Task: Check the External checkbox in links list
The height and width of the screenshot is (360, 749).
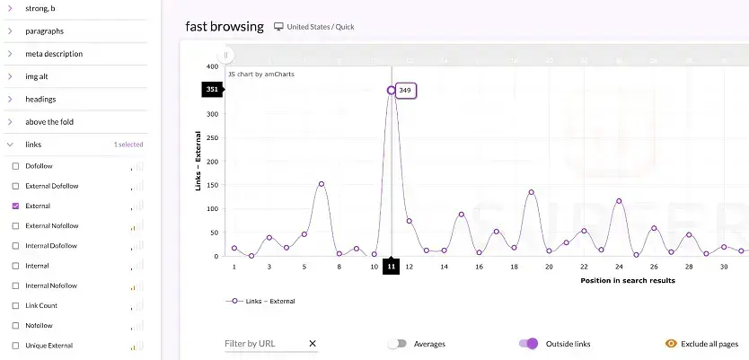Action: click(15, 206)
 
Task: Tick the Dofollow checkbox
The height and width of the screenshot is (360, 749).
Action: click(15, 166)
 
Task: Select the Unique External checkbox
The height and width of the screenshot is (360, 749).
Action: click(15, 346)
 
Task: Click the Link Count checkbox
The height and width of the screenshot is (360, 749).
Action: click(15, 306)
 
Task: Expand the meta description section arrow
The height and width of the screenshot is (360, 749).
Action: click(9, 54)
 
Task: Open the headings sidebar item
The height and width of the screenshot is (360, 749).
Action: click(40, 99)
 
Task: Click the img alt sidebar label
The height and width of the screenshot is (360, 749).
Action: click(37, 76)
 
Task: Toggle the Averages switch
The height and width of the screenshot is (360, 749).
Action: click(397, 344)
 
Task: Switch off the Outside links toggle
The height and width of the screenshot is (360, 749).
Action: click(528, 344)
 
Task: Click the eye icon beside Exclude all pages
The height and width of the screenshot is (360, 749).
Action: click(670, 344)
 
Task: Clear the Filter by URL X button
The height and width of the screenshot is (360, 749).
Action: click(313, 344)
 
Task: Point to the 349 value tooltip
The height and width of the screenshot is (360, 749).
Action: click(406, 90)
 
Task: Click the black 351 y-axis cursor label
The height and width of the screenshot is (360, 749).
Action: click(212, 90)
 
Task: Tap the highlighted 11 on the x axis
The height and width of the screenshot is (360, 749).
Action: click(391, 267)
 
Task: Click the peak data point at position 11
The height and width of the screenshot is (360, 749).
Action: click(391, 90)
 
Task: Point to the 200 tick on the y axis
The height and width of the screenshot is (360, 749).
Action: click(213, 162)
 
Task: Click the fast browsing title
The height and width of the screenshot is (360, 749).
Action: click(225, 26)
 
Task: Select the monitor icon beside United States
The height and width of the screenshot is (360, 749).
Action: click(278, 27)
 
